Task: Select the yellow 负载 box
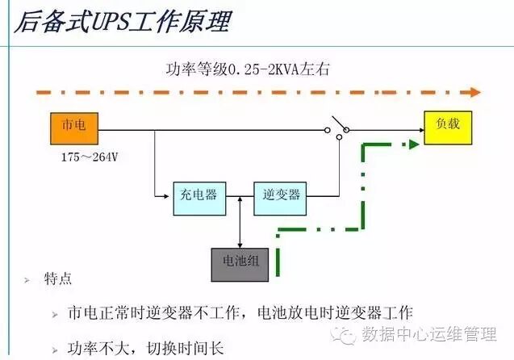point(448,128)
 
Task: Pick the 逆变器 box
point(281,195)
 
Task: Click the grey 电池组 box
point(239,263)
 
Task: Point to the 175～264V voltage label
point(90,157)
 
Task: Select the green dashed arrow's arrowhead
point(414,144)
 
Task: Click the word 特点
point(58,279)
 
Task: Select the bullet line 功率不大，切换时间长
point(145,349)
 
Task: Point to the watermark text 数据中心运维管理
point(429,333)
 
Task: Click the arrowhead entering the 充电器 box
point(169,195)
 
